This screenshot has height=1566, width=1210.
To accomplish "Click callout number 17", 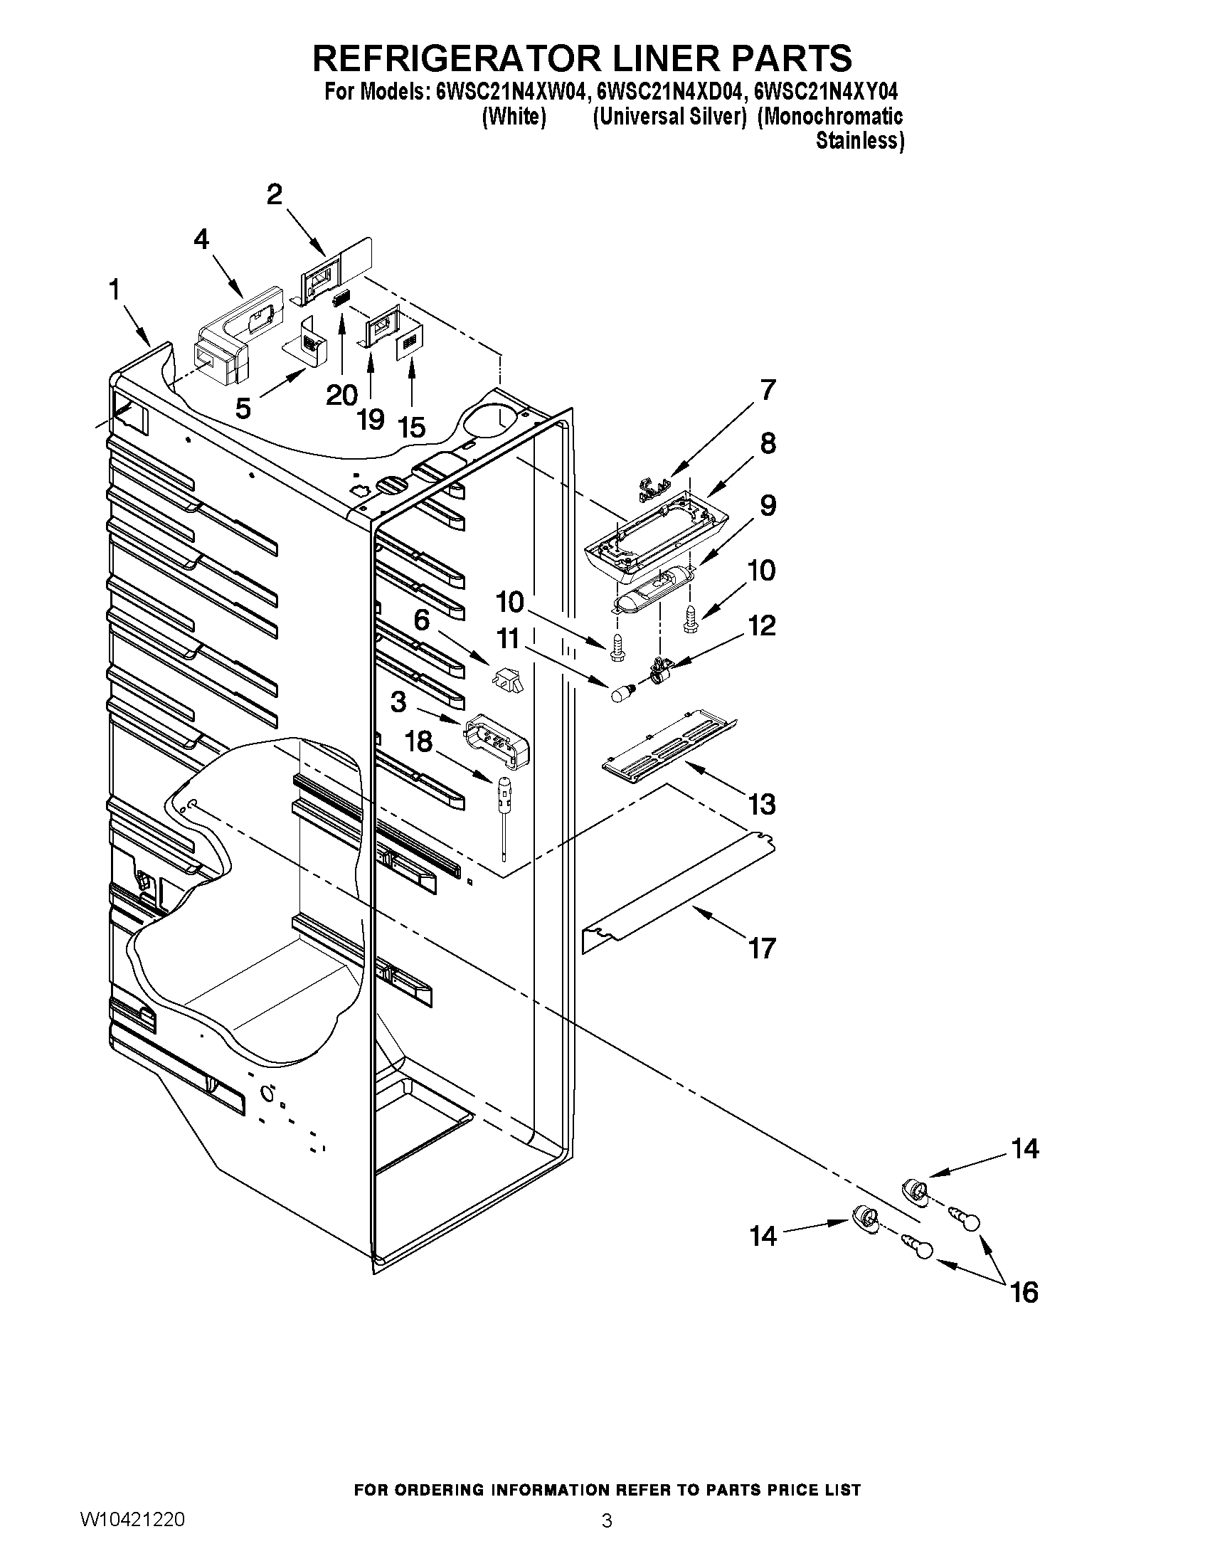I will (762, 948).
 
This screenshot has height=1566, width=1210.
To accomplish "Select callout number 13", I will (762, 805).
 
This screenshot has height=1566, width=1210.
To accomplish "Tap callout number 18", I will (418, 741).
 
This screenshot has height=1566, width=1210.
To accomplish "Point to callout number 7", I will (768, 390).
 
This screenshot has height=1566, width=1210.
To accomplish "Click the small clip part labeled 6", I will (508, 677).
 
